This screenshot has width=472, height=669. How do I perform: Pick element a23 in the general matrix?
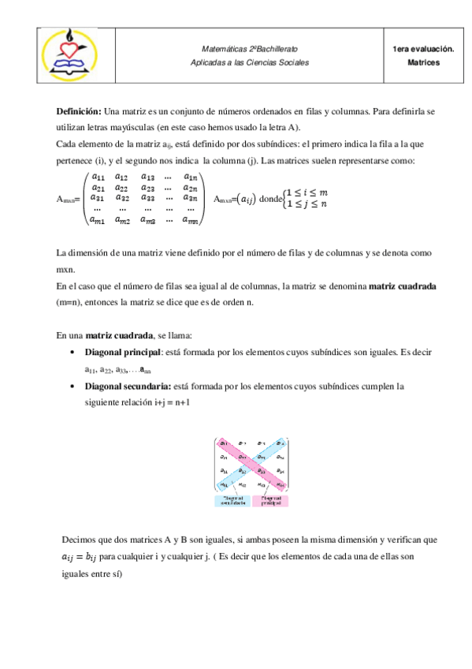(x=148, y=188)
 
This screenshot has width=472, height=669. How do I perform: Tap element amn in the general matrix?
(x=190, y=221)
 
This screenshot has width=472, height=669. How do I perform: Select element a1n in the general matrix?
(x=190, y=177)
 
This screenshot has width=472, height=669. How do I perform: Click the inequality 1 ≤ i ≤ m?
(x=307, y=193)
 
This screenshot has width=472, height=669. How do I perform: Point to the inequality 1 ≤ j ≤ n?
(x=306, y=205)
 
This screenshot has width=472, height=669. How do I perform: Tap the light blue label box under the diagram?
(x=232, y=500)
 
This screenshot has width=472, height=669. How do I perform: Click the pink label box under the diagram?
(x=271, y=500)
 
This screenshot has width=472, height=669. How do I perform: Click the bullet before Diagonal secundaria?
(x=73, y=387)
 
